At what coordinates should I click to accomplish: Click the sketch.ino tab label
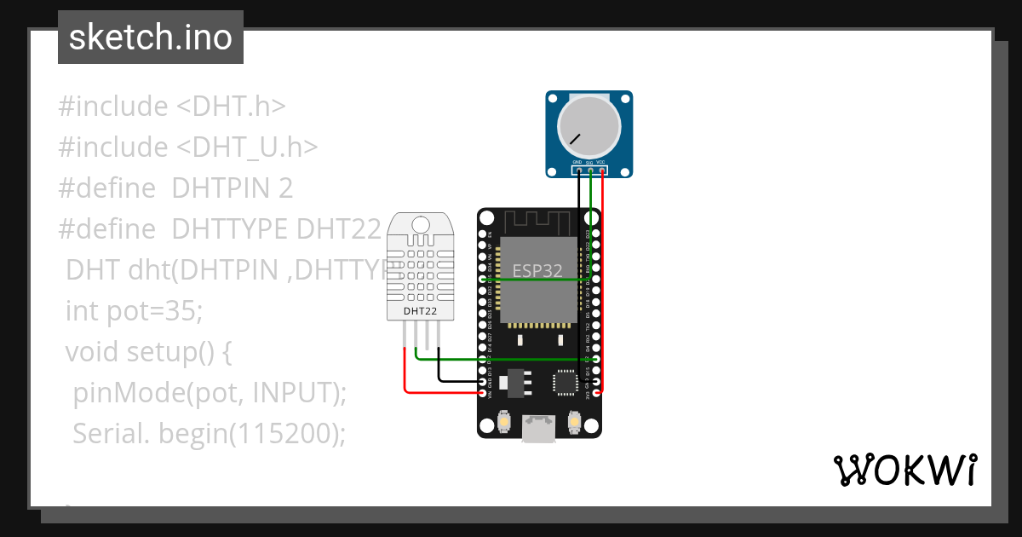pos(150,38)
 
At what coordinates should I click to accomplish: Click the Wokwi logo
pos(904,471)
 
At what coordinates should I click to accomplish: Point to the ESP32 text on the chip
pos(537,271)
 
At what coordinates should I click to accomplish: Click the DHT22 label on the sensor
pos(420,311)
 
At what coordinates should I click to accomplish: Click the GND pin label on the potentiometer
pos(577,162)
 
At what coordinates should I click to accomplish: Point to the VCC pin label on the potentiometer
pos(600,162)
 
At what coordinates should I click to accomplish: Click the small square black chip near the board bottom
pos(566,382)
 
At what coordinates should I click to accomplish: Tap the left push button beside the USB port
pos(504,422)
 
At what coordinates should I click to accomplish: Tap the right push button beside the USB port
pos(574,422)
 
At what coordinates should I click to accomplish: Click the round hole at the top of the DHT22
pos(420,224)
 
